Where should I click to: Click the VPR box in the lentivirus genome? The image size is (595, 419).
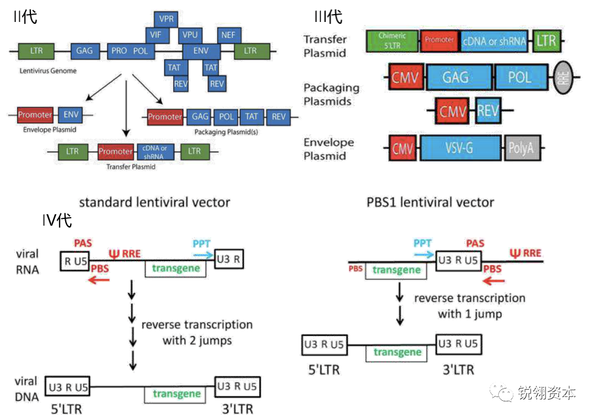(166, 19)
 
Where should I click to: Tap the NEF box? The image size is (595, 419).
(228, 35)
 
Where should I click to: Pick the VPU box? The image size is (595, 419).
(191, 35)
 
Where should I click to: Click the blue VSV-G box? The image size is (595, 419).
(460, 148)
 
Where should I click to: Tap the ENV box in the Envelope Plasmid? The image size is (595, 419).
(71, 115)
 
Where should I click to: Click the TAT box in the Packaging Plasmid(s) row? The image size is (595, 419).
(252, 116)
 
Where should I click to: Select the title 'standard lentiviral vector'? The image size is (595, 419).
(155, 202)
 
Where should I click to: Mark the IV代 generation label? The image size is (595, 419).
(57, 220)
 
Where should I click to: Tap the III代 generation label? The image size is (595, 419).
(328, 16)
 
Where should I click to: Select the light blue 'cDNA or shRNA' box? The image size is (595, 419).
(495, 40)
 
